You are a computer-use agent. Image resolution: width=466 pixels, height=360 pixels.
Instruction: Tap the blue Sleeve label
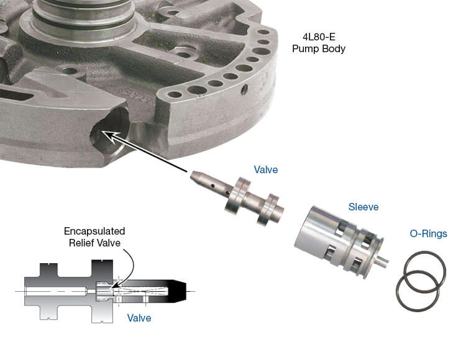(x=363, y=207)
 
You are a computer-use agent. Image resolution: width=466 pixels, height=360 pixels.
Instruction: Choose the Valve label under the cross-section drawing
(x=139, y=318)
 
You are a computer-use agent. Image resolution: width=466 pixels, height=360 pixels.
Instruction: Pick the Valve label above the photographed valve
(x=265, y=169)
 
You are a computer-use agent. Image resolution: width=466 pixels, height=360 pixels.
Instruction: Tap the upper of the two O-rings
(x=425, y=269)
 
